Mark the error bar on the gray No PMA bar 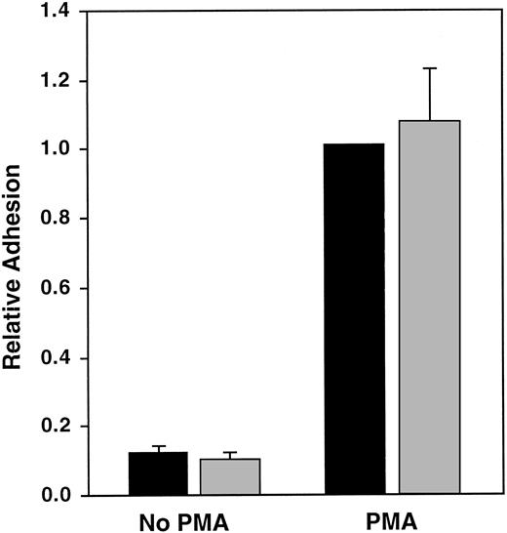(x=231, y=455)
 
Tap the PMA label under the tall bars (x=393, y=519)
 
